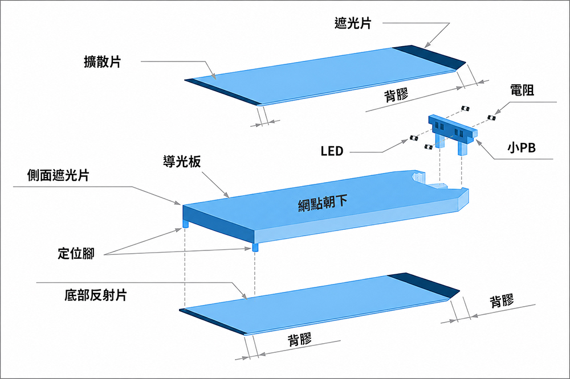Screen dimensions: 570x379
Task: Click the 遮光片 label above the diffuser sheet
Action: point(353,23)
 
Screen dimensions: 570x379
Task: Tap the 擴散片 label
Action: point(102,61)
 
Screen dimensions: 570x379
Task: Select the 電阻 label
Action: point(522,90)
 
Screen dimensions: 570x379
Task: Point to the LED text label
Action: point(332,151)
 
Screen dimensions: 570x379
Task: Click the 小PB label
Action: point(522,148)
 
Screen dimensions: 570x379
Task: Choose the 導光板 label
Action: point(182,162)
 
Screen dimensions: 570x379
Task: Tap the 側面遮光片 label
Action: point(58,175)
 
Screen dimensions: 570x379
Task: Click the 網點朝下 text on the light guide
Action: point(323,203)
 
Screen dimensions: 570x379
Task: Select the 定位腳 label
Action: point(76,253)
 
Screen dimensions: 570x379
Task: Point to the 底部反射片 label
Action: point(96,295)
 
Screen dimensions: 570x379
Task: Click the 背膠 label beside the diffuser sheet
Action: point(396,95)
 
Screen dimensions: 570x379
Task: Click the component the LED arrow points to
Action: point(413,138)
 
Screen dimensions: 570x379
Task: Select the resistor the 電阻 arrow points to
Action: point(491,117)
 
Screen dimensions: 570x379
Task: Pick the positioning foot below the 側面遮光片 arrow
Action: point(185,224)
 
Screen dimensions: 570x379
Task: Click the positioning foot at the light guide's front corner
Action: point(255,247)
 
